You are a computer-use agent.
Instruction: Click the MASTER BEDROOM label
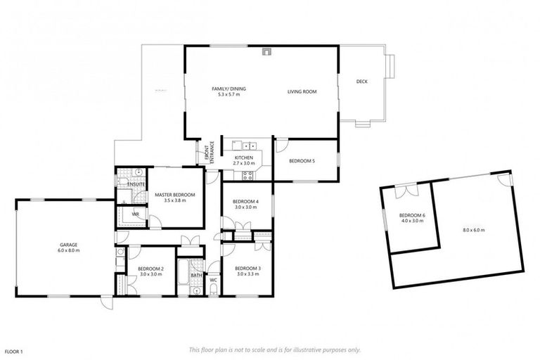[174, 194]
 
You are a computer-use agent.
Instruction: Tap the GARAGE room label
[69, 245]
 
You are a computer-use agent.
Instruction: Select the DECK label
[362, 82]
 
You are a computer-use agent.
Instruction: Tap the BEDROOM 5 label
[302, 161]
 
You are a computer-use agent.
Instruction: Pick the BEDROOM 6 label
[412, 215]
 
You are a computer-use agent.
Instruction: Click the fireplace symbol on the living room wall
[266, 51]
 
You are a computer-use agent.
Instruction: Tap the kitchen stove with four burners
[247, 175]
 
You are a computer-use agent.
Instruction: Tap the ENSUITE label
[136, 184]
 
